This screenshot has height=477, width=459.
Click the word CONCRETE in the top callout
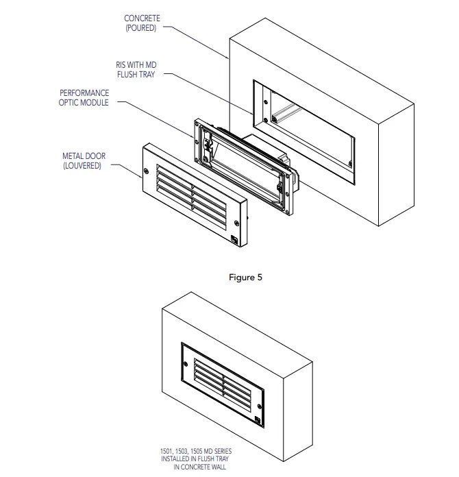(x=142, y=18)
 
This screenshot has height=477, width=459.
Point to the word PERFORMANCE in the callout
(x=84, y=92)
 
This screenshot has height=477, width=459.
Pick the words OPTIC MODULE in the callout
(x=84, y=101)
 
